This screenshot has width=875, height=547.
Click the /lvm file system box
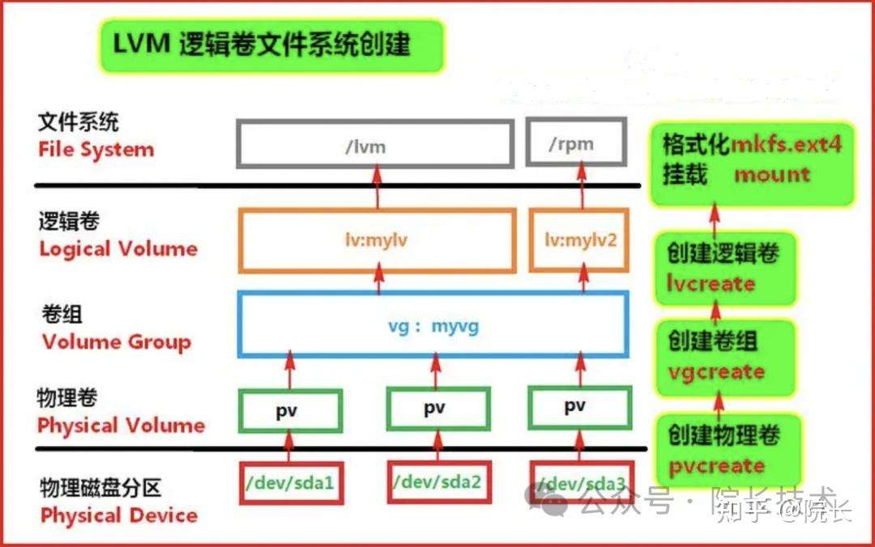pos(374,146)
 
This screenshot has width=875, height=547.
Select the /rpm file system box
pos(576,144)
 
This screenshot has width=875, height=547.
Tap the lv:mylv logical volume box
pos(377,240)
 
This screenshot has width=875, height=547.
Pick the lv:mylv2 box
pos(579,240)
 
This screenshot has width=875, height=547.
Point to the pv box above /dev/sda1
pos(290,410)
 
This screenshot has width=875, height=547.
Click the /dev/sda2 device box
pos(437,483)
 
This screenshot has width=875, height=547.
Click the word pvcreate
pos(716,466)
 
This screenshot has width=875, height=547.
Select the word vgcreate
pos(716,372)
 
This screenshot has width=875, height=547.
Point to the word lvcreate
pos(711,284)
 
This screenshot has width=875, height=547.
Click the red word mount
pos(771,174)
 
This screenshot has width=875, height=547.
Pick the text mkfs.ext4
pos(787,145)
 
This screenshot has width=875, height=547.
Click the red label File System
pos(96,150)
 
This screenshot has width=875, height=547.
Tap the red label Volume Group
pos(117,341)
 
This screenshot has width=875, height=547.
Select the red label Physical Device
pos(119,515)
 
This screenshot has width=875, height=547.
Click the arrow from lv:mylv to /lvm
pos(376,186)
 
